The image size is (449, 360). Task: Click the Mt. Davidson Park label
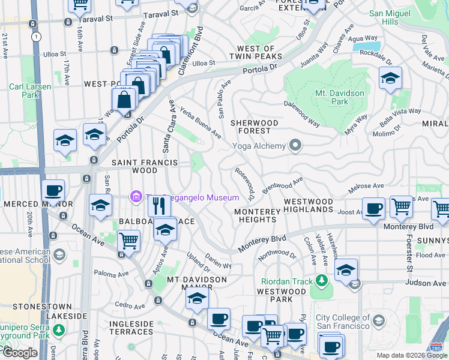340,97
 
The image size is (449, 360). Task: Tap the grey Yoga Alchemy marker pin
295,145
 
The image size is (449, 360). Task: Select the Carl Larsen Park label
30,91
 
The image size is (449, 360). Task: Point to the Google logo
19,353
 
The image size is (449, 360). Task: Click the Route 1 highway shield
37,37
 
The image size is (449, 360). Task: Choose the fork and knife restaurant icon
160,206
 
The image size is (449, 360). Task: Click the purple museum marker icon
136,196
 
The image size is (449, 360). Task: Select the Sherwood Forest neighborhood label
255,127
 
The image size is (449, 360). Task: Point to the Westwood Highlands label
308,205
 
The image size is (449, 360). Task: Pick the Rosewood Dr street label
246,183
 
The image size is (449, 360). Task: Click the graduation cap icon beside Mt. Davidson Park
390,78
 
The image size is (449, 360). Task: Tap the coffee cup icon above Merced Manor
53,191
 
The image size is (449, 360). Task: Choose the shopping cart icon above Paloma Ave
128,241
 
